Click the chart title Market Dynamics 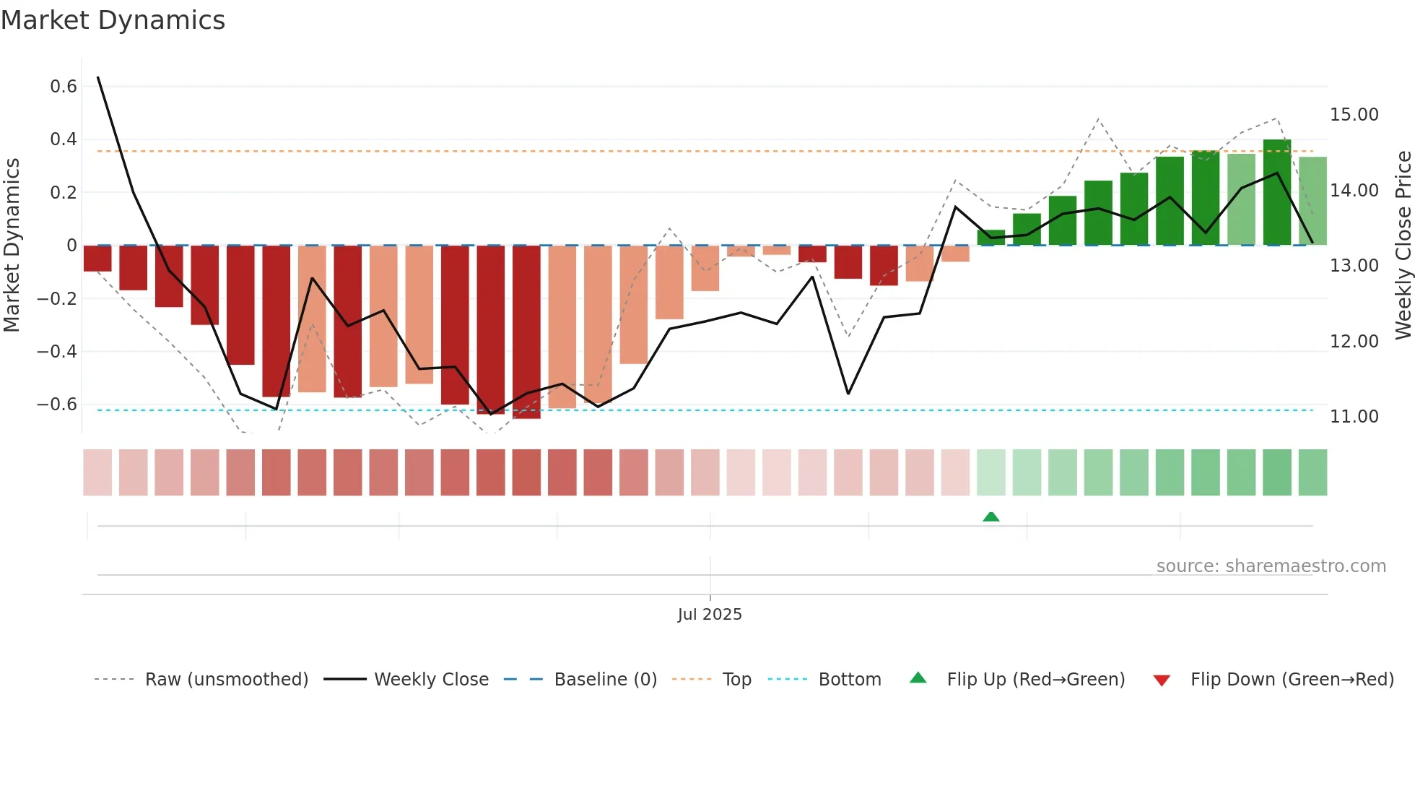point(113,20)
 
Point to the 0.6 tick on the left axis point(64,87)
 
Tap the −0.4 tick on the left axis point(57,352)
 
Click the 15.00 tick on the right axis point(1354,115)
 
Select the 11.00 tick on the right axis point(1354,417)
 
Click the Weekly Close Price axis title point(1403,246)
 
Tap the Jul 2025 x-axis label point(710,615)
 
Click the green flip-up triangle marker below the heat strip point(991,517)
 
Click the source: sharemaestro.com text point(1271,566)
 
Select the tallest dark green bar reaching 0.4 point(1276,192)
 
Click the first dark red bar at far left point(97,259)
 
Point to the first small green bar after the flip point(991,238)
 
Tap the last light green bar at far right point(1312,201)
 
